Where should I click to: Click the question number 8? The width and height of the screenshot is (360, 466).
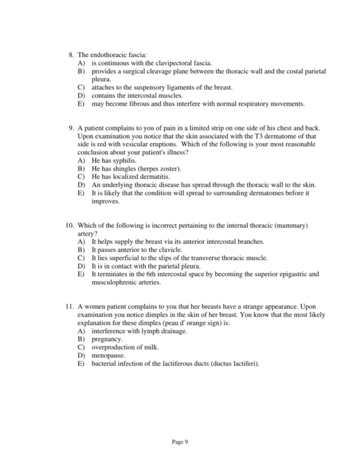click(x=72, y=55)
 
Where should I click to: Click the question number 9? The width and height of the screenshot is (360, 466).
click(x=72, y=129)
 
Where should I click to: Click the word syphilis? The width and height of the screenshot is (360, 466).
click(x=124, y=161)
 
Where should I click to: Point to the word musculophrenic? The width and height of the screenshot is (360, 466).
click(x=118, y=282)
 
